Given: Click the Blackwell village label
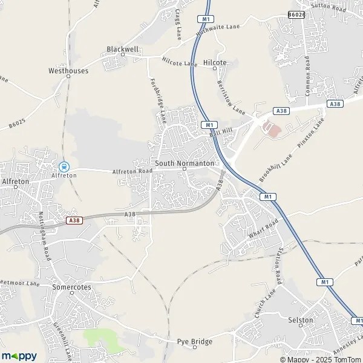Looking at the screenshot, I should point(122,49).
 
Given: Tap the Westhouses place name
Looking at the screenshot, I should point(68,71).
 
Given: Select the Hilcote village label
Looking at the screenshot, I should point(215,62).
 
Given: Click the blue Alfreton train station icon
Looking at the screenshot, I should point(63,166).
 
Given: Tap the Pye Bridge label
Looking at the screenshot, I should point(194,342).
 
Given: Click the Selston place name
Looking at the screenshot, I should point(301,320).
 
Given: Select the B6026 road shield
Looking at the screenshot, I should point(296,15).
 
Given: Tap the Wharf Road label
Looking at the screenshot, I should point(263,229).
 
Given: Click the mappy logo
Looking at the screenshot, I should point(19,356).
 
